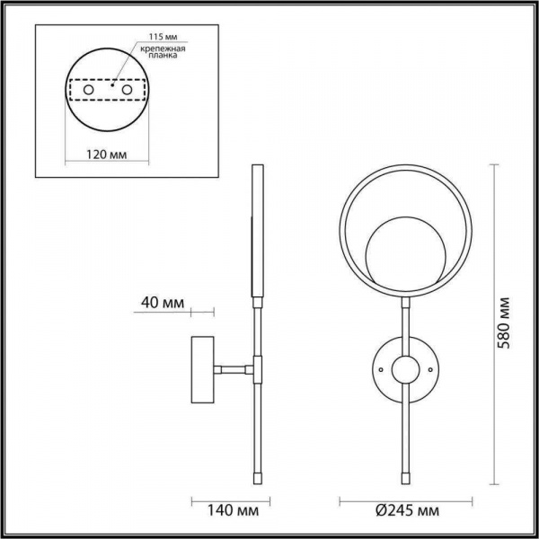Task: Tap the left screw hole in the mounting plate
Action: click(88, 92)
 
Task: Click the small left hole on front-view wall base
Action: click(381, 368)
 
